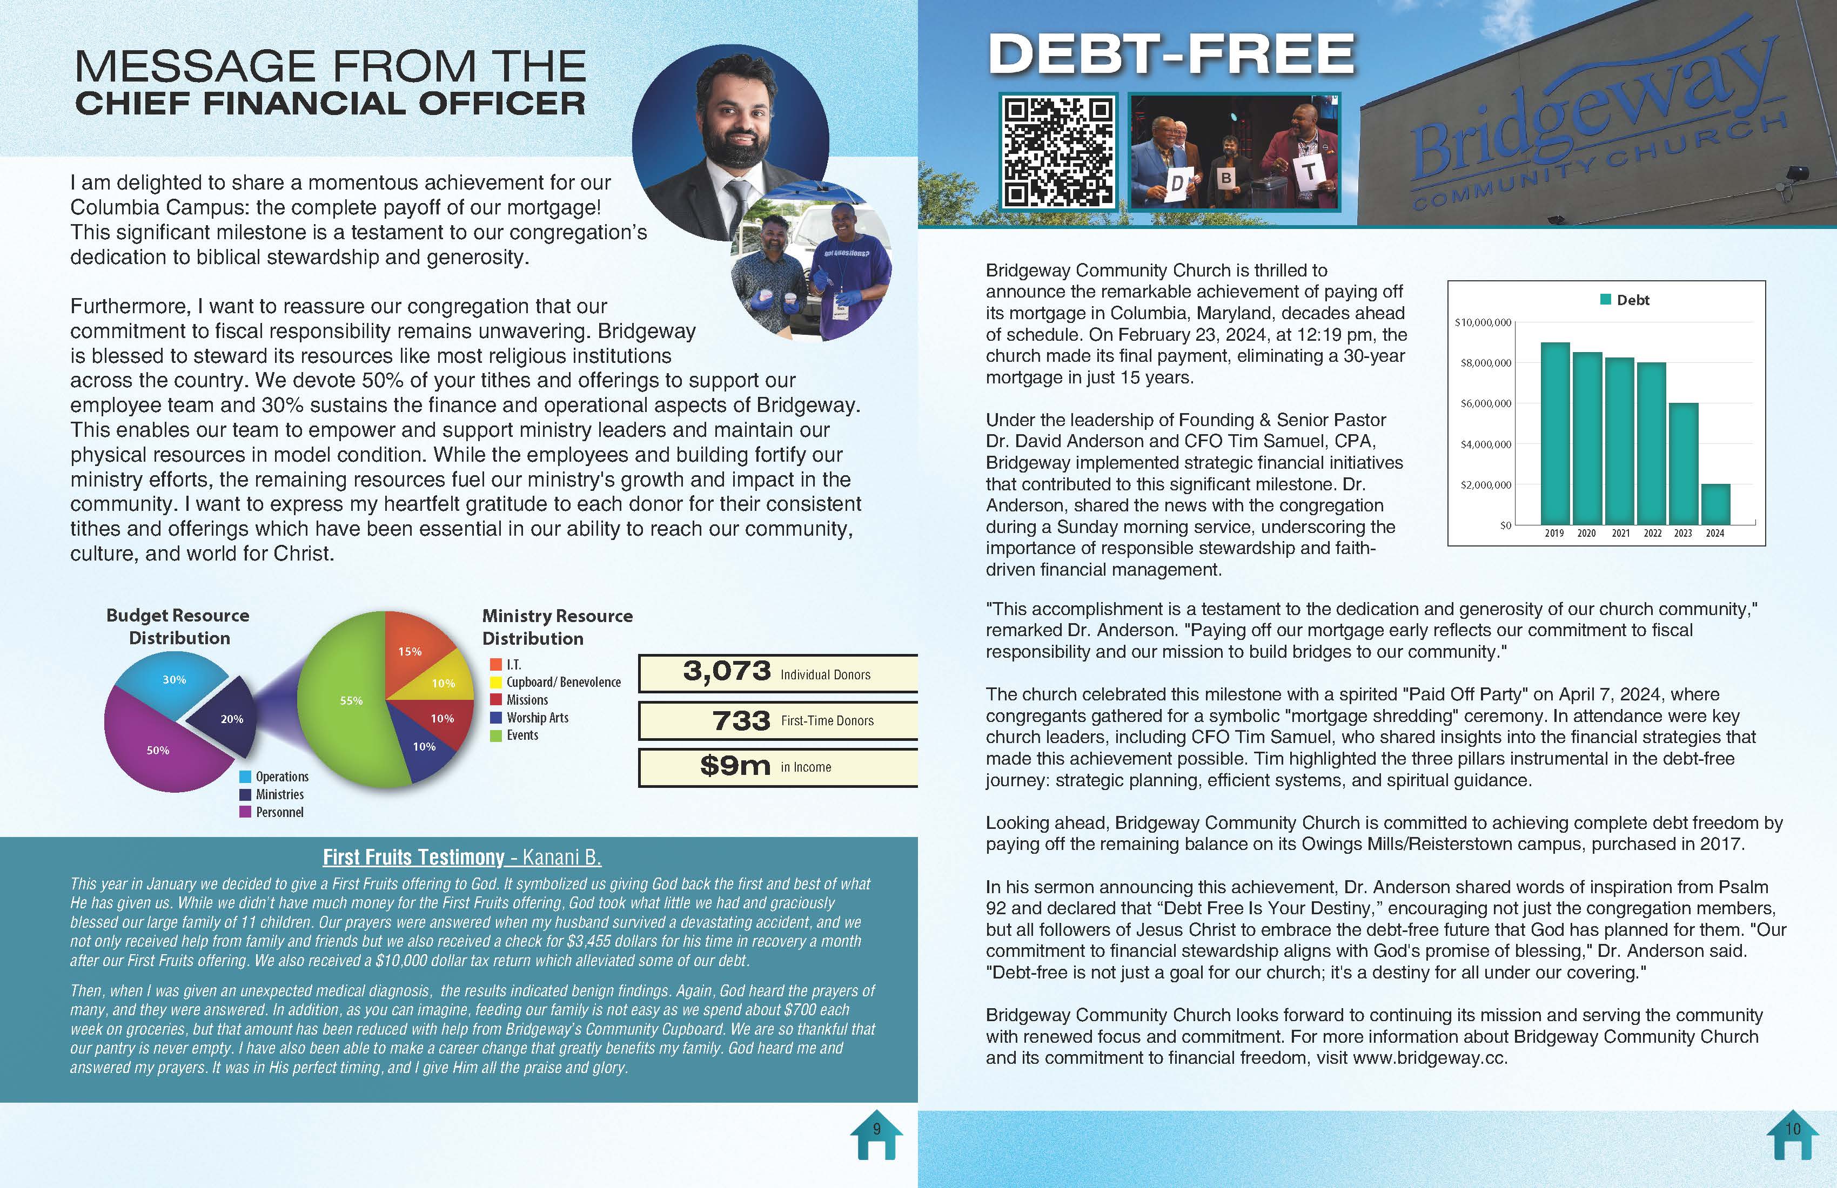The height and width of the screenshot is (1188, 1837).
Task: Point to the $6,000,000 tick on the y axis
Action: tap(1486, 403)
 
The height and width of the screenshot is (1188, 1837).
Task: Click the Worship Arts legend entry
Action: tap(537, 718)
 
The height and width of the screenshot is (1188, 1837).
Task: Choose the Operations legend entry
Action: tap(281, 777)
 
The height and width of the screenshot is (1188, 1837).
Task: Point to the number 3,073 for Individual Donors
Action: tap(726, 671)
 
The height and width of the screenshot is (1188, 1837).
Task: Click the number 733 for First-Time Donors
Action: tap(741, 720)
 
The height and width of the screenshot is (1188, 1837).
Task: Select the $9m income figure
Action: tap(735, 766)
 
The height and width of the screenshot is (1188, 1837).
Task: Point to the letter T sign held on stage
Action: tap(1310, 172)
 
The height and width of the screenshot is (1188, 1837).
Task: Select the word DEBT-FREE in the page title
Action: tap(1171, 54)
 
